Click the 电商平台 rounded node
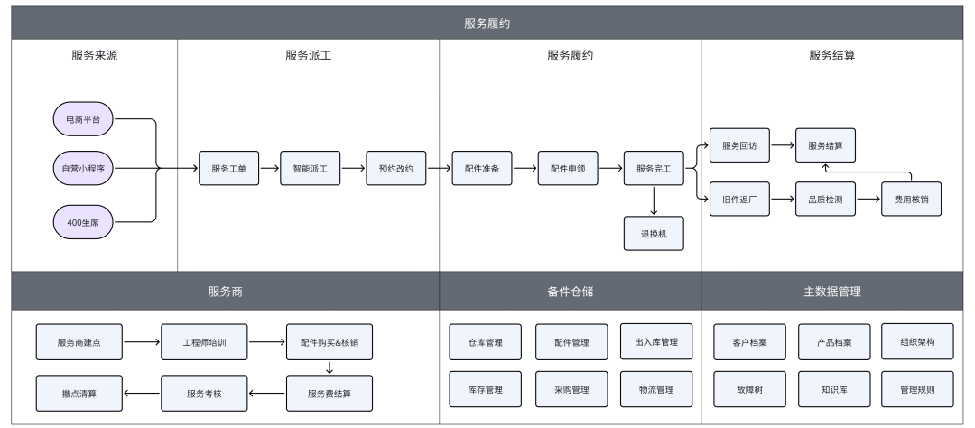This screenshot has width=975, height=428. click(83, 118)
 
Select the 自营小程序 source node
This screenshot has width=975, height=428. click(83, 169)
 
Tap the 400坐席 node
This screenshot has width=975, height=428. click(83, 220)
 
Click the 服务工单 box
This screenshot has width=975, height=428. click(229, 169)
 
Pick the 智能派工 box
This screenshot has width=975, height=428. click(311, 169)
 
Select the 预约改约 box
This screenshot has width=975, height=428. click(396, 169)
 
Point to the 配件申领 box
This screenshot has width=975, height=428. click(568, 169)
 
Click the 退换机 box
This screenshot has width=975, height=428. click(654, 233)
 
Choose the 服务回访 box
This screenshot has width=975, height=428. click(739, 145)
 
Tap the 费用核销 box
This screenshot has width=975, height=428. click(911, 200)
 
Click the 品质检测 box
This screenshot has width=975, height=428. click(825, 200)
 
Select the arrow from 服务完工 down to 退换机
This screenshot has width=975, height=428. click(654, 200)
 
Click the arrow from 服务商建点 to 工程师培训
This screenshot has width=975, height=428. click(142, 342)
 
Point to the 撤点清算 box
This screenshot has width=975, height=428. click(79, 393)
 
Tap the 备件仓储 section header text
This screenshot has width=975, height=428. click(570, 293)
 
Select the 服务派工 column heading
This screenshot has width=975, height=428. click(308, 55)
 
